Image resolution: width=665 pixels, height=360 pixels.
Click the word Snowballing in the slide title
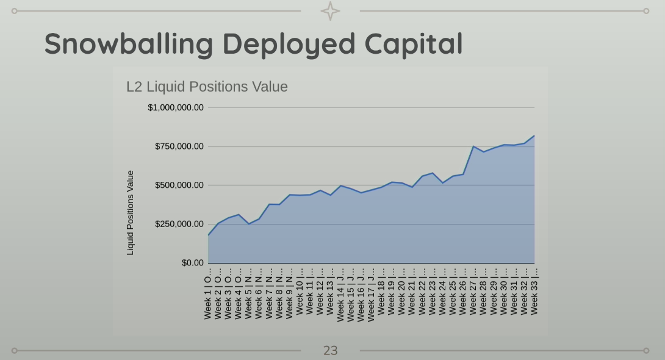pyautogui.click(x=129, y=45)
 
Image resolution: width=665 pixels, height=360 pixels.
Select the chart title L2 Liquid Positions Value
pyautogui.click(x=207, y=87)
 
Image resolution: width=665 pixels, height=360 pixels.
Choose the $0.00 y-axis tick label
pyautogui.click(x=192, y=263)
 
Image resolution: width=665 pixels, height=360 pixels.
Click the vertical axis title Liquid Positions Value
pyautogui.click(x=130, y=212)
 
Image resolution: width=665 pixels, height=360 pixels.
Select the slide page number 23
pyautogui.click(x=330, y=350)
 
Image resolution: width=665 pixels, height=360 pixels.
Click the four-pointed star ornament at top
pyautogui.click(x=330, y=11)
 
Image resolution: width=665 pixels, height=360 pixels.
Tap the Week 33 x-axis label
pyautogui.click(x=534, y=291)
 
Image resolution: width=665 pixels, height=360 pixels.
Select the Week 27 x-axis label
pyautogui.click(x=473, y=291)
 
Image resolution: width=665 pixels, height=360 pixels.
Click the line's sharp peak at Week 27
pyautogui.click(x=473, y=146)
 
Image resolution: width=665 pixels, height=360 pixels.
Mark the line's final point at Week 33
pyautogui.click(x=534, y=135)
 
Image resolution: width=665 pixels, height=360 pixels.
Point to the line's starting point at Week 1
pyautogui.click(x=209, y=235)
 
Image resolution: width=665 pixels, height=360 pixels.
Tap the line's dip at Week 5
pyautogui.click(x=249, y=224)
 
